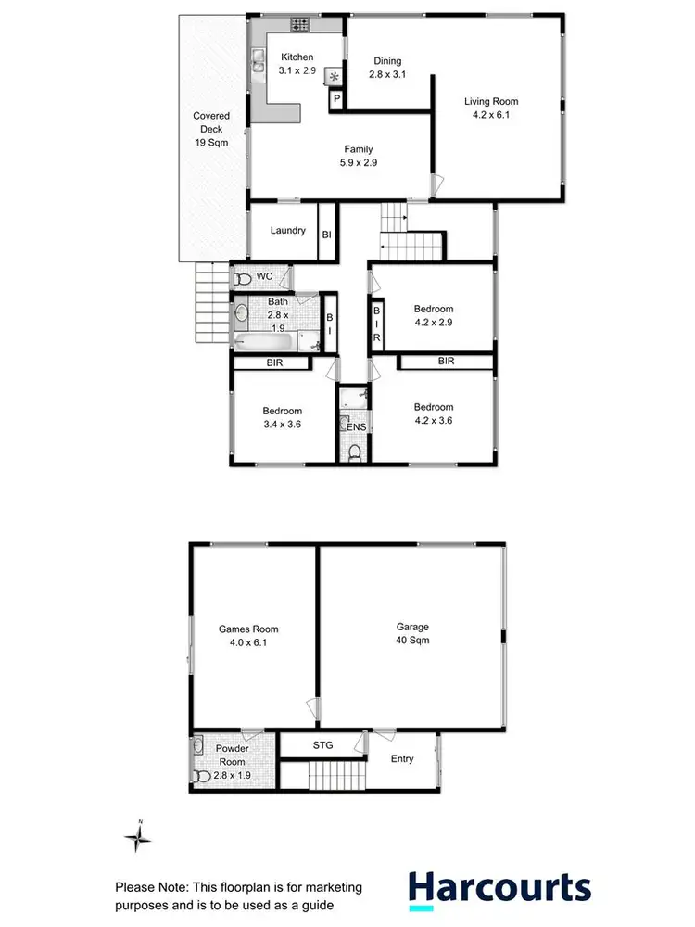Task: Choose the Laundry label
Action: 288,230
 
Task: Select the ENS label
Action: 357,427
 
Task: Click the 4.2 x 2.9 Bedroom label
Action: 434,316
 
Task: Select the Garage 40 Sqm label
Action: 411,633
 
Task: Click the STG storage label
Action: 322,744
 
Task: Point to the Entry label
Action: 402,758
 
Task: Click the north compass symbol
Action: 139,838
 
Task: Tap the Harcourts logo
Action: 500,888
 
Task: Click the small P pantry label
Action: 336,98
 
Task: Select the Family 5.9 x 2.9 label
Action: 360,156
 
